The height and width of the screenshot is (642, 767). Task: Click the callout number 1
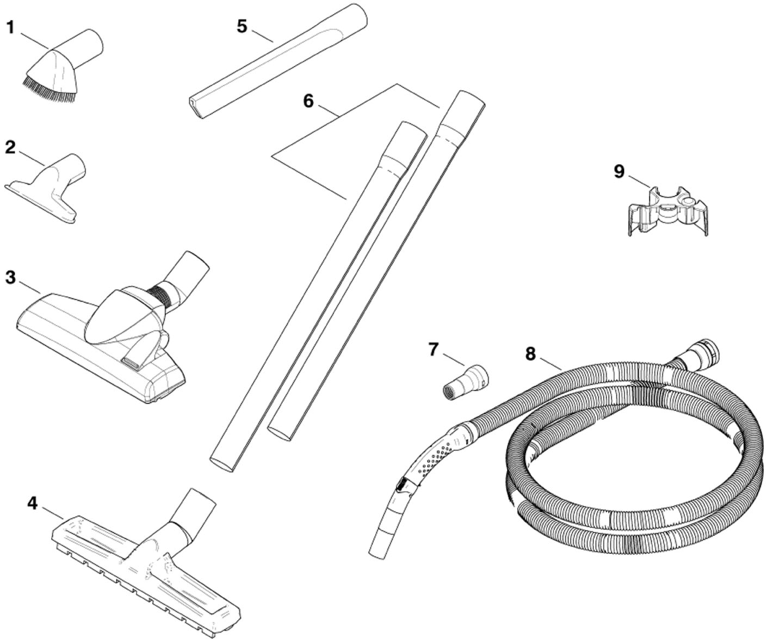[10, 27]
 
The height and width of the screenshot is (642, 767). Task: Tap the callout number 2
[10, 147]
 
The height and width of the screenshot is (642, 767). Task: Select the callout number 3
[10, 277]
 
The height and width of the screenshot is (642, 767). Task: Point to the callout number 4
[33, 503]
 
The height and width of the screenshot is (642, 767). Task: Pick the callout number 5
[242, 26]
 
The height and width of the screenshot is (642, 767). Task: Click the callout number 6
[308, 101]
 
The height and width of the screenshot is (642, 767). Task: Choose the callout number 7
[433, 349]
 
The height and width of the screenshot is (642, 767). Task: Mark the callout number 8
[530, 354]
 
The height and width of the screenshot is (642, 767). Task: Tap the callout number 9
[619, 171]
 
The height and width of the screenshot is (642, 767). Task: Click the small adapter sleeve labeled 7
[465, 384]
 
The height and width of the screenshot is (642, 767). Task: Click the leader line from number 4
[53, 512]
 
